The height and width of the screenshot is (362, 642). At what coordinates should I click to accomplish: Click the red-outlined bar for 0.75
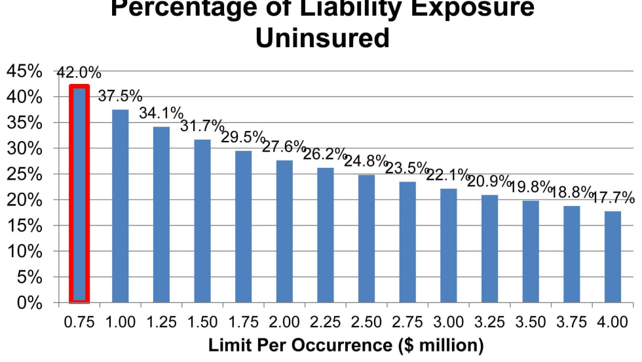pyautogui.click(x=79, y=194)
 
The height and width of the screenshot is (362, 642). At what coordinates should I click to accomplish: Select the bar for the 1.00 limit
pyautogui.click(x=121, y=206)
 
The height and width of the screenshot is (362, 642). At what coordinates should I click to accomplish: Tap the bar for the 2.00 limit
pyautogui.click(x=284, y=231)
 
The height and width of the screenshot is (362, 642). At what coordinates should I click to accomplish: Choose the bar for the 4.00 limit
pyautogui.click(x=613, y=256)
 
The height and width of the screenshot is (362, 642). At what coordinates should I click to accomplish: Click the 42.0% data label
pyautogui.click(x=79, y=72)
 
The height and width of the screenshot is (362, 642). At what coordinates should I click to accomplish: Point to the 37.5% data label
pyautogui.click(x=121, y=96)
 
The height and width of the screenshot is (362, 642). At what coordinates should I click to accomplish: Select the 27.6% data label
pyautogui.click(x=284, y=146)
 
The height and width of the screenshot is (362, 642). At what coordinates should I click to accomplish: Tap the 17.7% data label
pyautogui.click(x=613, y=197)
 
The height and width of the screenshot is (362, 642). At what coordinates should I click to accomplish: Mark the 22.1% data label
pyautogui.click(x=448, y=175)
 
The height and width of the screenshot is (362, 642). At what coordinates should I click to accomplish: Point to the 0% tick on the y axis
pyautogui.click(x=30, y=303)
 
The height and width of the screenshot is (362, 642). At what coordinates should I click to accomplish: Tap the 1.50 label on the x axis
pyautogui.click(x=202, y=322)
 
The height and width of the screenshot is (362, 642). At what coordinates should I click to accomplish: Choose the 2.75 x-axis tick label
pyautogui.click(x=407, y=322)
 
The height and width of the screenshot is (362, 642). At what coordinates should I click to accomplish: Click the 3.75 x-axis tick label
pyautogui.click(x=572, y=322)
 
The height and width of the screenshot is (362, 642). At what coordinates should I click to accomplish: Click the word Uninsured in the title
pyautogui.click(x=322, y=37)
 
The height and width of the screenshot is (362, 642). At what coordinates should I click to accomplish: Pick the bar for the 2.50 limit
pyautogui.click(x=366, y=238)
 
